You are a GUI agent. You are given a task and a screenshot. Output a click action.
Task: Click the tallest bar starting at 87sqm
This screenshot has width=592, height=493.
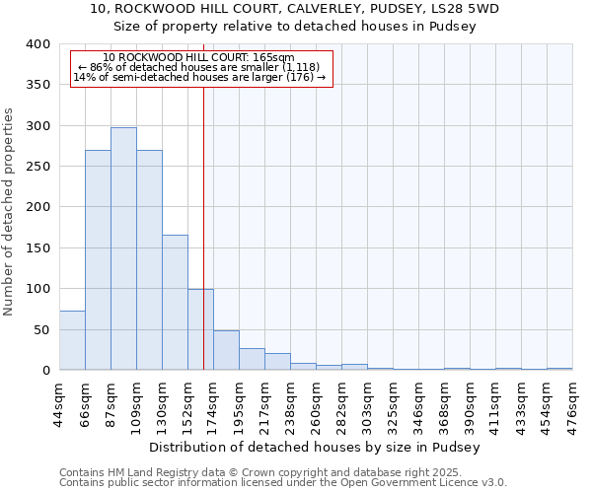point(123,248)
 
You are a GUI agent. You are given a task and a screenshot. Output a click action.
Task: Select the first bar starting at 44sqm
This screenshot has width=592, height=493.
point(72,340)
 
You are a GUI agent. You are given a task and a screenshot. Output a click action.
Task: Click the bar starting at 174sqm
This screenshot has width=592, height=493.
point(226,350)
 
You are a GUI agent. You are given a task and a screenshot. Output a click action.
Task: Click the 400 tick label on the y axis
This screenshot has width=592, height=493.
point(37,44)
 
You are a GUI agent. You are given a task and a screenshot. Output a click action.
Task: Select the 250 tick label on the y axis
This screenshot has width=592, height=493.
point(37,167)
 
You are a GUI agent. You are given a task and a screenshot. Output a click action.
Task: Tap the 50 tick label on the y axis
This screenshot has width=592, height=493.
point(41,329)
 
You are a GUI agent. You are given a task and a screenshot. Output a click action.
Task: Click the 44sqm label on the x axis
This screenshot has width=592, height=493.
point(60,401)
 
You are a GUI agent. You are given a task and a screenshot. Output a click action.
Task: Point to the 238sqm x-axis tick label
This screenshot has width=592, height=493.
point(291,401)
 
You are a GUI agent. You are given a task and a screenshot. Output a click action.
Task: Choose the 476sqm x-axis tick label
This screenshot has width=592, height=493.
point(573,401)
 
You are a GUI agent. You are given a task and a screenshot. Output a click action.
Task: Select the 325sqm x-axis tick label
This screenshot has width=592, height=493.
point(394,401)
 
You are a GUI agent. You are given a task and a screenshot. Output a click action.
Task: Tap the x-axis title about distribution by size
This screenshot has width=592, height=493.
point(316,447)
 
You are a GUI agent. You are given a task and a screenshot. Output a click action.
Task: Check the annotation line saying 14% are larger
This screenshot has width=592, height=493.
point(198,77)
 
